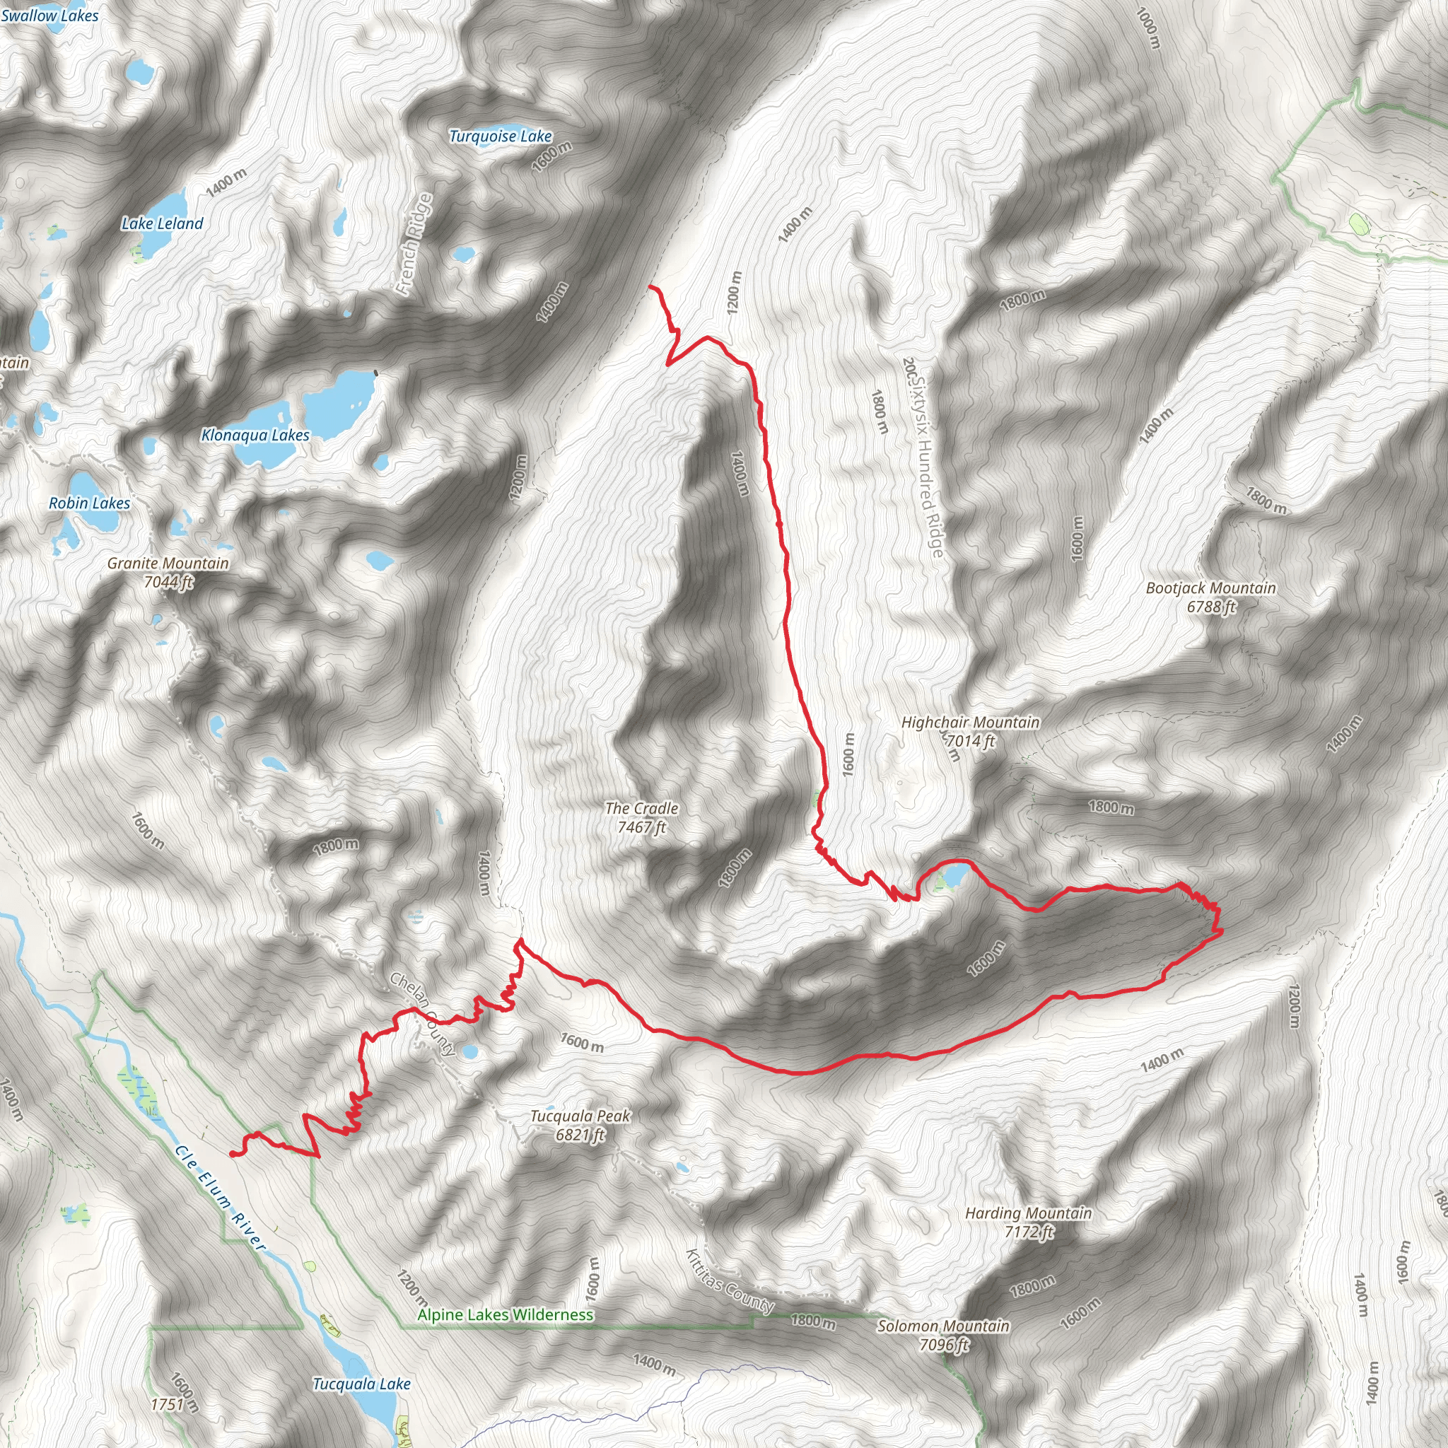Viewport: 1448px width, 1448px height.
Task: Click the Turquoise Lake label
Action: click(x=501, y=136)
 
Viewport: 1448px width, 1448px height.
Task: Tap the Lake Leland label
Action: click(x=162, y=223)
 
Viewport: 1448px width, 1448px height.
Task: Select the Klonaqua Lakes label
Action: click(x=255, y=435)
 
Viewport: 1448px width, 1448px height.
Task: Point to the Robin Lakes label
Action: click(x=89, y=503)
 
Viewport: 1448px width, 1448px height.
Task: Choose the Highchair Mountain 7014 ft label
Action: click(x=971, y=732)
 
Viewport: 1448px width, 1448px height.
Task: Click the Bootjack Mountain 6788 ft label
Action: click(x=1210, y=597)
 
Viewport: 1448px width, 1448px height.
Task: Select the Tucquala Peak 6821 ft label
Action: click(x=580, y=1125)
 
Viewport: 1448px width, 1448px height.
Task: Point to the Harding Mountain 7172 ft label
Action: click(x=1028, y=1222)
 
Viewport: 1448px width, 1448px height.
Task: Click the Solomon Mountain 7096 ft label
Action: click(x=944, y=1336)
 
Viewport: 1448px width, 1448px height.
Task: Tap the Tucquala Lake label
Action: click(x=361, y=1384)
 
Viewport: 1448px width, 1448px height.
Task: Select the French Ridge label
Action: click(x=414, y=244)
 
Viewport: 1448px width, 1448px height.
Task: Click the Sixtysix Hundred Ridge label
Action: click(x=926, y=457)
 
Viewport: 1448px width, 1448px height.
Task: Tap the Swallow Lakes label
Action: click(x=49, y=15)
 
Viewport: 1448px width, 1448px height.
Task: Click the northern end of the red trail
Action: click(x=650, y=287)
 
